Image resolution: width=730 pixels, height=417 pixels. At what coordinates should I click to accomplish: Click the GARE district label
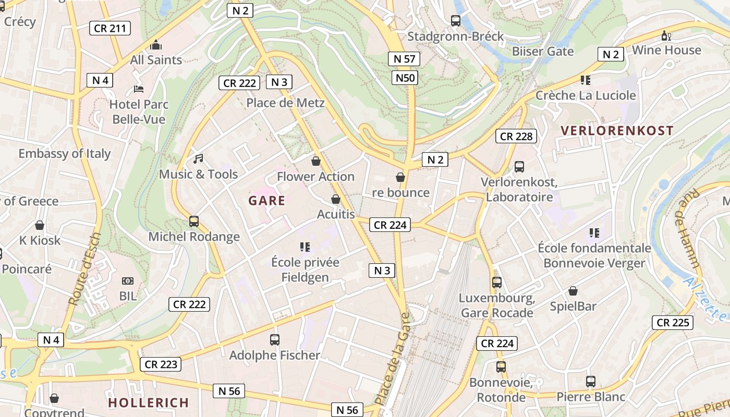coord(266,201)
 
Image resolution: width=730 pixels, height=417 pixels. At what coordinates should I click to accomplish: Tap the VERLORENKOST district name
coord(617,130)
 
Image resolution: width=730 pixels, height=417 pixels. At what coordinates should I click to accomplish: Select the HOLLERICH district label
coord(149,402)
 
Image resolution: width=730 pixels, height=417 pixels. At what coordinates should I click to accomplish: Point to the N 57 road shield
coord(404,58)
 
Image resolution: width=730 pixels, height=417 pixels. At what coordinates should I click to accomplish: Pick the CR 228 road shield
coord(516,136)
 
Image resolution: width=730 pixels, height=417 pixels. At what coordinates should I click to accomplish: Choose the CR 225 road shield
coord(673,323)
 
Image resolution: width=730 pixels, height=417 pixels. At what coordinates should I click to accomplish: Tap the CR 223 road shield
coord(161,364)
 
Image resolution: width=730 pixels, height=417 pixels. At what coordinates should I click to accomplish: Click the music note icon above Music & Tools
coord(198,158)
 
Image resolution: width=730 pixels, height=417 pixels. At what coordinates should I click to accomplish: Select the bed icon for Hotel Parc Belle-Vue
coord(139,89)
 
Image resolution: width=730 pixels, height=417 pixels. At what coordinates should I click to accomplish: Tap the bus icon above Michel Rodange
coord(194,221)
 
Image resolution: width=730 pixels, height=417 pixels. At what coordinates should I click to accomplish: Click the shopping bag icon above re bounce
coord(400,177)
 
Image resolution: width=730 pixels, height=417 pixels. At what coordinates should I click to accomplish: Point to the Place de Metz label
coord(285,103)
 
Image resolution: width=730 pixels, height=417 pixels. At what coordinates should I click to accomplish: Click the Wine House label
coord(666,50)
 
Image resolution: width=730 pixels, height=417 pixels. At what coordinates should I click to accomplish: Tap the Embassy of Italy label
coord(65,154)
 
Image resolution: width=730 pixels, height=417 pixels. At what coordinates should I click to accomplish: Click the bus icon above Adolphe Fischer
coord(275,340)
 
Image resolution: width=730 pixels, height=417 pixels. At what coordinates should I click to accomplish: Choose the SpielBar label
coord(573,306)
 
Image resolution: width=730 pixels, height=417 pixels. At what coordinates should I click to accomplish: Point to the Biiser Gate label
coord(543,51)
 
